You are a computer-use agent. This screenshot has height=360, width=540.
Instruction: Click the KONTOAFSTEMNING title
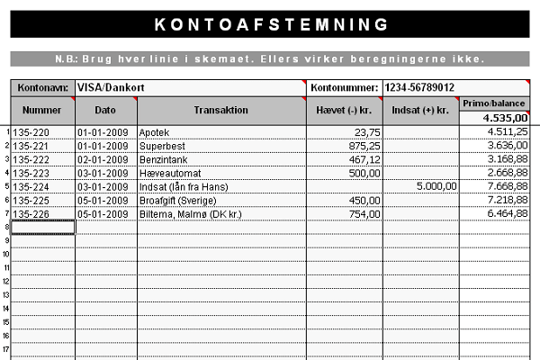(x=269, y=23)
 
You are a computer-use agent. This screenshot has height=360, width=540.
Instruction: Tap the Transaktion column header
(x=220, y=110)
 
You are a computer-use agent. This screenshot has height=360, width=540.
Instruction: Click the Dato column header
(x=106, y=110)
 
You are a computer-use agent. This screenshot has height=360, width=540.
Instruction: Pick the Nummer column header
(x=42, y=110)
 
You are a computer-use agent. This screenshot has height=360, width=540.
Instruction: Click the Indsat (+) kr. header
(x=420, y=110)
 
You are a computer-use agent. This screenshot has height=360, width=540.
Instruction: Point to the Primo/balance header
(x=494, y=103)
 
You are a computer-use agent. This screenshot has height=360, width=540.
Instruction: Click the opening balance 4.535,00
(x=505, y=118)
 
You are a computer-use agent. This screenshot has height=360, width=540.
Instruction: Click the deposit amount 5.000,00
(x=436, y=186)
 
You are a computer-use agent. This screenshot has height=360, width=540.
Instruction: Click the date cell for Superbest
(x=105, y=145)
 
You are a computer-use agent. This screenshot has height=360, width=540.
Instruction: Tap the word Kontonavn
(x=41, y=88)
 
